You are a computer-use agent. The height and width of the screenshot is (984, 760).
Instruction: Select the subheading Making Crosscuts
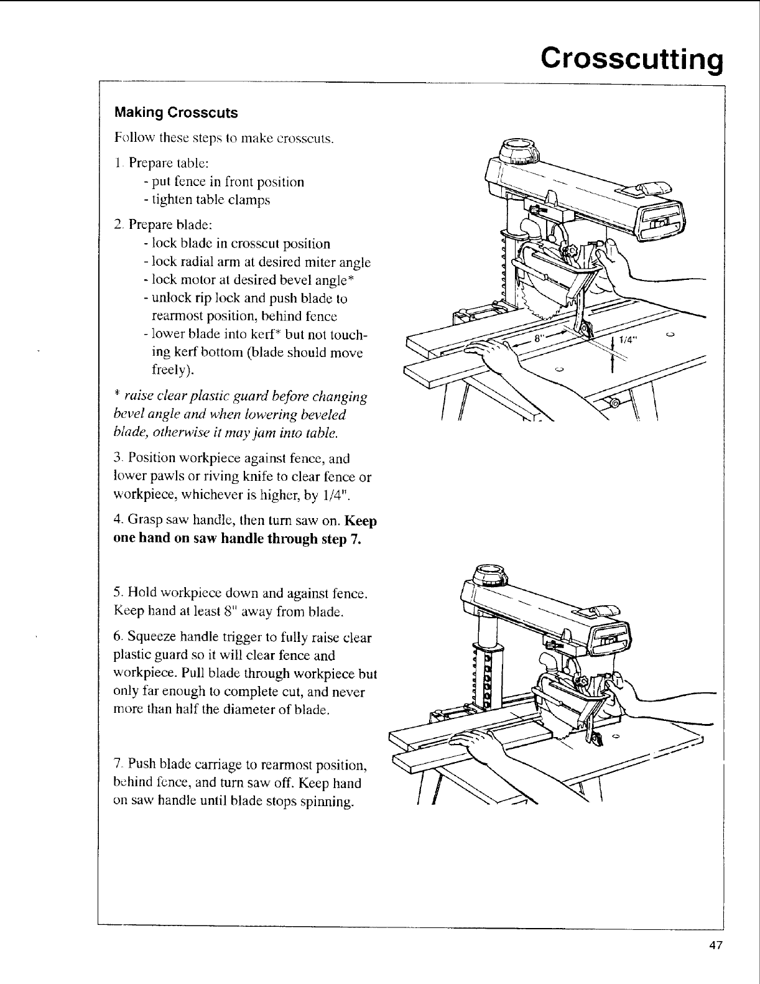pos(176,113)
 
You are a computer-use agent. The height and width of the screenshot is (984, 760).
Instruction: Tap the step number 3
pos(118,459)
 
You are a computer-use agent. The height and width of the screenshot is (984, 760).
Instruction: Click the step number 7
pos(118,764)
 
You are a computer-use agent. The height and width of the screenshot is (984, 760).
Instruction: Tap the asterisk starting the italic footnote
pos(117,396)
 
